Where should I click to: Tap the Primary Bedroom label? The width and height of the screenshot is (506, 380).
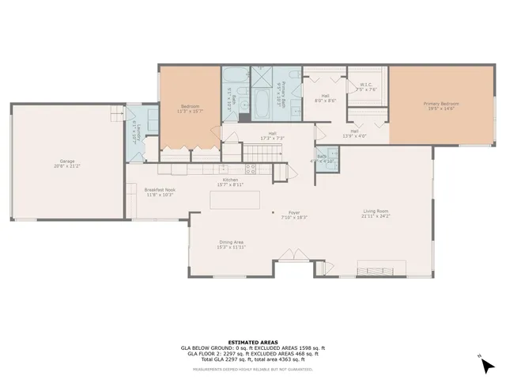440,106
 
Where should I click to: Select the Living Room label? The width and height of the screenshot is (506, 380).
376,213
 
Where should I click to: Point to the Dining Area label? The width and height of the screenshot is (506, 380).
231,245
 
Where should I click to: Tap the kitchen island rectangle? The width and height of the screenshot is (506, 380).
235,200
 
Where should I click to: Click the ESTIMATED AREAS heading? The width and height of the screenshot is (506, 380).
252,342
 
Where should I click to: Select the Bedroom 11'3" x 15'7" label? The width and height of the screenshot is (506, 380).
190,108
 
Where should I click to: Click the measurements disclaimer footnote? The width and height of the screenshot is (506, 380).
252,368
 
